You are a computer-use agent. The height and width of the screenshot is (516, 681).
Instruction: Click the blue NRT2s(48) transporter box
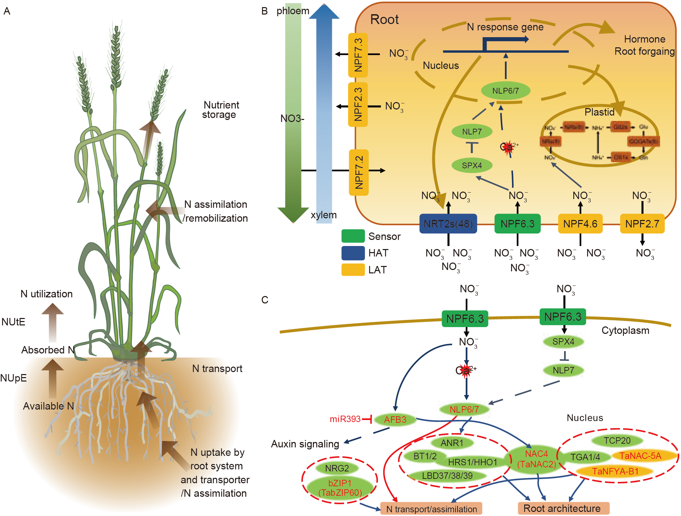tap(448, 224)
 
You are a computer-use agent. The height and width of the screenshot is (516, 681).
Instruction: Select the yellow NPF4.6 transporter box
tap(580, 224)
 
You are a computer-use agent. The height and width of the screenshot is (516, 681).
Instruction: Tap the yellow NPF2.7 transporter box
tap(642, 224)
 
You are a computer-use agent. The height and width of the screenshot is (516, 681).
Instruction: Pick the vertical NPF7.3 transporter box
tap(358, 55)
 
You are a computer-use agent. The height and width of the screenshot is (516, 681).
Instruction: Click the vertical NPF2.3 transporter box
tap(358, 104)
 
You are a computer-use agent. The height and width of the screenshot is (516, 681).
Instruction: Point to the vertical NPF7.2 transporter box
tap(359, 172)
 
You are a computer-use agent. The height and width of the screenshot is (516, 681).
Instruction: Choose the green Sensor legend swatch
tap(353, 236)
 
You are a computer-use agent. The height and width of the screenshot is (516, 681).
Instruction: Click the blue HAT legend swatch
tap(353, 253)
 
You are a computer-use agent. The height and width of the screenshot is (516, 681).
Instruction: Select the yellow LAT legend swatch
tap(353, 270)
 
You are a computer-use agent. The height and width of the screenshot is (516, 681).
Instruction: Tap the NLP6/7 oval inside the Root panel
tap(505, 91)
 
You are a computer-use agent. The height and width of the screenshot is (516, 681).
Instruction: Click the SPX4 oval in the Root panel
tap(472, 165)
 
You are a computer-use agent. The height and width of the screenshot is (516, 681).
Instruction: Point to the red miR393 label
tap(345, 419)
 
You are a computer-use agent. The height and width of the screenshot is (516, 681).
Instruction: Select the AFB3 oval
tap(395, 420)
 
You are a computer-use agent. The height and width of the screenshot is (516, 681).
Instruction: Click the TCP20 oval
tap(617, 441)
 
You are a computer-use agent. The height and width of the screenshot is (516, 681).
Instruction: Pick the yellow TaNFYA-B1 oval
tap(615, 471)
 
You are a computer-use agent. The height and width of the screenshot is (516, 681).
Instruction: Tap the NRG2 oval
tap(337, 468)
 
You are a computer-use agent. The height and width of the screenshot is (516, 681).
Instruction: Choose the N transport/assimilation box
tap(431, 509)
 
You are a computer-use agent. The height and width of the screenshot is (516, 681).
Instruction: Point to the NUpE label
tap(14, 378)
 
